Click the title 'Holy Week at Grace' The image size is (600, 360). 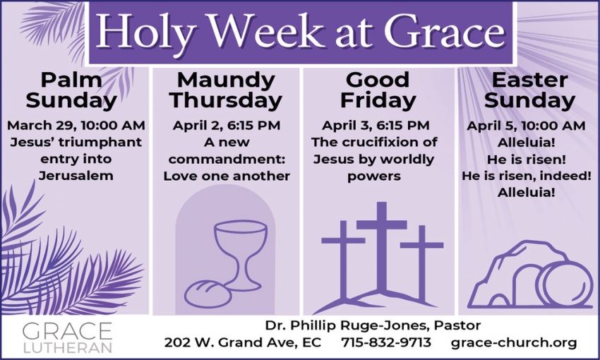300,32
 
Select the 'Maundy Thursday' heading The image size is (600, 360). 226,90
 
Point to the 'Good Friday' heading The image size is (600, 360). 378,90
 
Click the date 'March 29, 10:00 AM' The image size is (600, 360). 76,126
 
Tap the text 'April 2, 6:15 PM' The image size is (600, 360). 227,126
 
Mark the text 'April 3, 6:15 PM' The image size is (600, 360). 376,126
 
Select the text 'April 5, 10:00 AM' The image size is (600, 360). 526,126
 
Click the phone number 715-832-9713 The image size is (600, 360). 385,343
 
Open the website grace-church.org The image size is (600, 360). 514,343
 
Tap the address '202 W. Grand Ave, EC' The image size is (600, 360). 243,343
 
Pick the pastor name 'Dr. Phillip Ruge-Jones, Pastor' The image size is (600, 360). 373,325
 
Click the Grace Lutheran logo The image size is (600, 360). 67,337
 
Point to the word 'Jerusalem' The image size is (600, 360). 76,175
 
